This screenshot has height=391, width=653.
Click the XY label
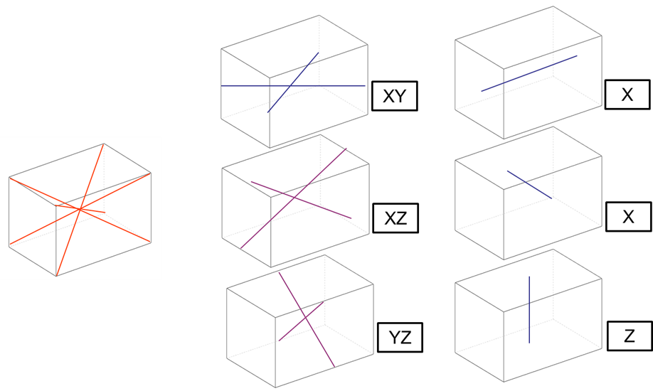point(394,97)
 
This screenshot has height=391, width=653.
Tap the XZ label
point(395,219)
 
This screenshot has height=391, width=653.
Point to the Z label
point(629,336)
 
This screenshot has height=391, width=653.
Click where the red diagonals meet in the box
point(80,208)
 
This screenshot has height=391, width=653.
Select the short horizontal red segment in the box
point(96,211)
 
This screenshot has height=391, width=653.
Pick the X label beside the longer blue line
point(627,95)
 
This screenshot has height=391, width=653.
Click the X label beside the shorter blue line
point(627,217)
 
